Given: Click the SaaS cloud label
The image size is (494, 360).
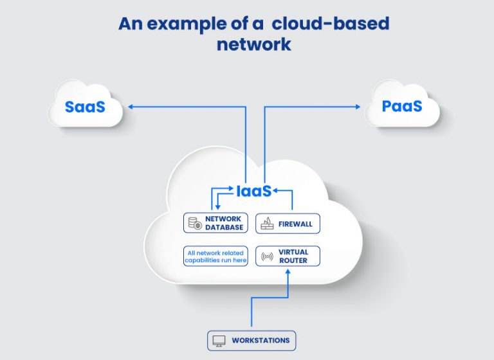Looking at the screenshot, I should pyautogui.click(x=84, y=106).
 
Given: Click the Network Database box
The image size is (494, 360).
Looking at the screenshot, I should pyautogui.click(x=215, y=223).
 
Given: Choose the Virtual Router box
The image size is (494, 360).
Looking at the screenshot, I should pyautogui.click(x=288, y=256).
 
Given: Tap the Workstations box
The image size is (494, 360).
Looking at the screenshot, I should pyautogui.click(x=252, y=340).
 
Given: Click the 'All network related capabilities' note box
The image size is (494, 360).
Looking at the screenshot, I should pyautogui.click(x=215, y=256).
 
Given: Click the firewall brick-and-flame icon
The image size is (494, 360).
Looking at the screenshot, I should pyautogui.click(x=266, y=224).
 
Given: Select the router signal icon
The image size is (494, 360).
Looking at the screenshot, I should pyautogui.click(x=266, y=256).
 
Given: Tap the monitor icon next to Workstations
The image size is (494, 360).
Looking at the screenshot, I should pyautogui.click(x=219, y=340).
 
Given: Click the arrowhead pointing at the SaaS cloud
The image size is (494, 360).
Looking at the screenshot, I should pyautogui.click(x=130, y=106).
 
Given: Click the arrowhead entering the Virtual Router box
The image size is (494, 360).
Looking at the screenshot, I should pyautogui.click(x=288, y=271).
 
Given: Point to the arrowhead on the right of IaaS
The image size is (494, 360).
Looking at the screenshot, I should pyautogui.click(x=276, y=191).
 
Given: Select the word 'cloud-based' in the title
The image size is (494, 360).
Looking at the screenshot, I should pyautogui.click(x=330, y=24).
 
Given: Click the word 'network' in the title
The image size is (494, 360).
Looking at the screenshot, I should pyautogui.click(x=253, y=44).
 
